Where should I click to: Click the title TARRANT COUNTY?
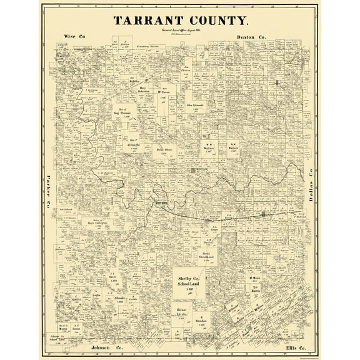click(x=180, y=19)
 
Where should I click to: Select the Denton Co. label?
click(x=252, y=37)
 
